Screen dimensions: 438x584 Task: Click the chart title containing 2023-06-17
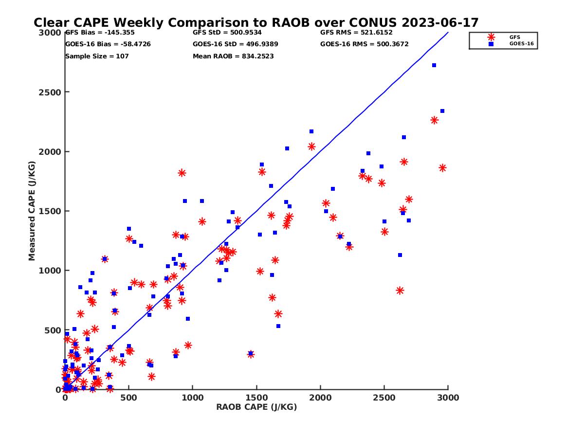[256, 23]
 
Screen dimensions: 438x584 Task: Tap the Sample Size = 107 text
[97, 56]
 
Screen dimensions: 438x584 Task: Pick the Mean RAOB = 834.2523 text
[233, 56]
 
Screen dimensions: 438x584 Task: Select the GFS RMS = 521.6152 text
[356, 33]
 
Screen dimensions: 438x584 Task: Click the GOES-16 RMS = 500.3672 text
[364, 44]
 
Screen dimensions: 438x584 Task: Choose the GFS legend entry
[514, 37]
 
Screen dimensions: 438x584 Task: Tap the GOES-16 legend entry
[518, 44]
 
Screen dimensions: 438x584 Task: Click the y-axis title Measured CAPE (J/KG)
[32, 211]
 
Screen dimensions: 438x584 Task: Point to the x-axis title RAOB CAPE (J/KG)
[256, 407]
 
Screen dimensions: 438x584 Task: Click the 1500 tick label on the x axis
[256, 398]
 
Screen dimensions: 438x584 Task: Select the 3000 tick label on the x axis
[448, 398]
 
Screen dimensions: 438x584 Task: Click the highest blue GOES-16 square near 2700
[434, 65]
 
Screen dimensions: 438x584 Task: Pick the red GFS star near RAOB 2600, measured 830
[400, 291]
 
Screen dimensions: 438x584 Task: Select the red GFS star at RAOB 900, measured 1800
[182, 173]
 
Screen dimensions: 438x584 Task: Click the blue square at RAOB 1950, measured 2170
[311, 131]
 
